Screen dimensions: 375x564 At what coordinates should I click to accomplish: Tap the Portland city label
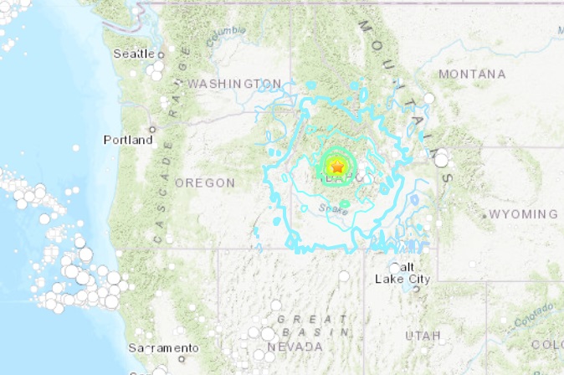point(128,140)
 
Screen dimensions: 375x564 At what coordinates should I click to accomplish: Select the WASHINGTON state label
point(234,84)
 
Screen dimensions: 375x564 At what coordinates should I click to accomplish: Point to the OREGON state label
point(205,182)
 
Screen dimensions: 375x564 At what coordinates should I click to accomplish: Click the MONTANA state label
point(472,74)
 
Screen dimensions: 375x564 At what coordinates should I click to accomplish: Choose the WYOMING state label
point(523,214)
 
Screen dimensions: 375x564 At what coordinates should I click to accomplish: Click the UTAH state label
point(423,335)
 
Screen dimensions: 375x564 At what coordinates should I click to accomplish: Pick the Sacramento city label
point(164,347)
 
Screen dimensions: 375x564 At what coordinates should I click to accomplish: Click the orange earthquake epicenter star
point(336,167)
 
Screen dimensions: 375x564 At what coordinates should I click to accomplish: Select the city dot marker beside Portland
point(152,129)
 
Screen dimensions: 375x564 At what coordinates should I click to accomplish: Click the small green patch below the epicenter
point(345,203)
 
